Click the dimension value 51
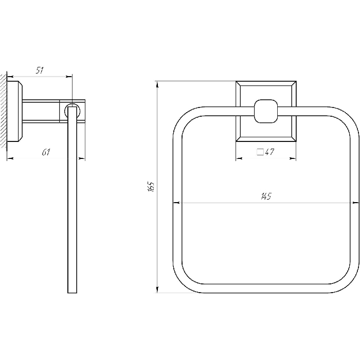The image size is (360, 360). tap(40, 70)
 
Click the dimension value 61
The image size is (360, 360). tap(46, 152)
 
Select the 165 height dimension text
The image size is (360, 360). tap(151, 186)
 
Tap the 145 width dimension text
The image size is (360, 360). tap(266, 196)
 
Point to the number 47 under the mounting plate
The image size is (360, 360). tap(269, 152)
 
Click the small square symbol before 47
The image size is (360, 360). tap(260, 152)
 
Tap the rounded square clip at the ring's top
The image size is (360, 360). tap(266, 111)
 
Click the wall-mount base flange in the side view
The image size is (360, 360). tap(15, 112)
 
